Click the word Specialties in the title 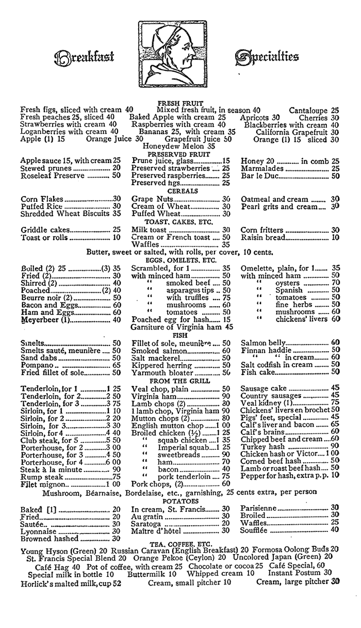tap(267, 55)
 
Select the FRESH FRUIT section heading tap(180, 103)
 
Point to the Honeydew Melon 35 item tap(180, 147)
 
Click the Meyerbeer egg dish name tap(44, 319)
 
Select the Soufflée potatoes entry tap(256, 529)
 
